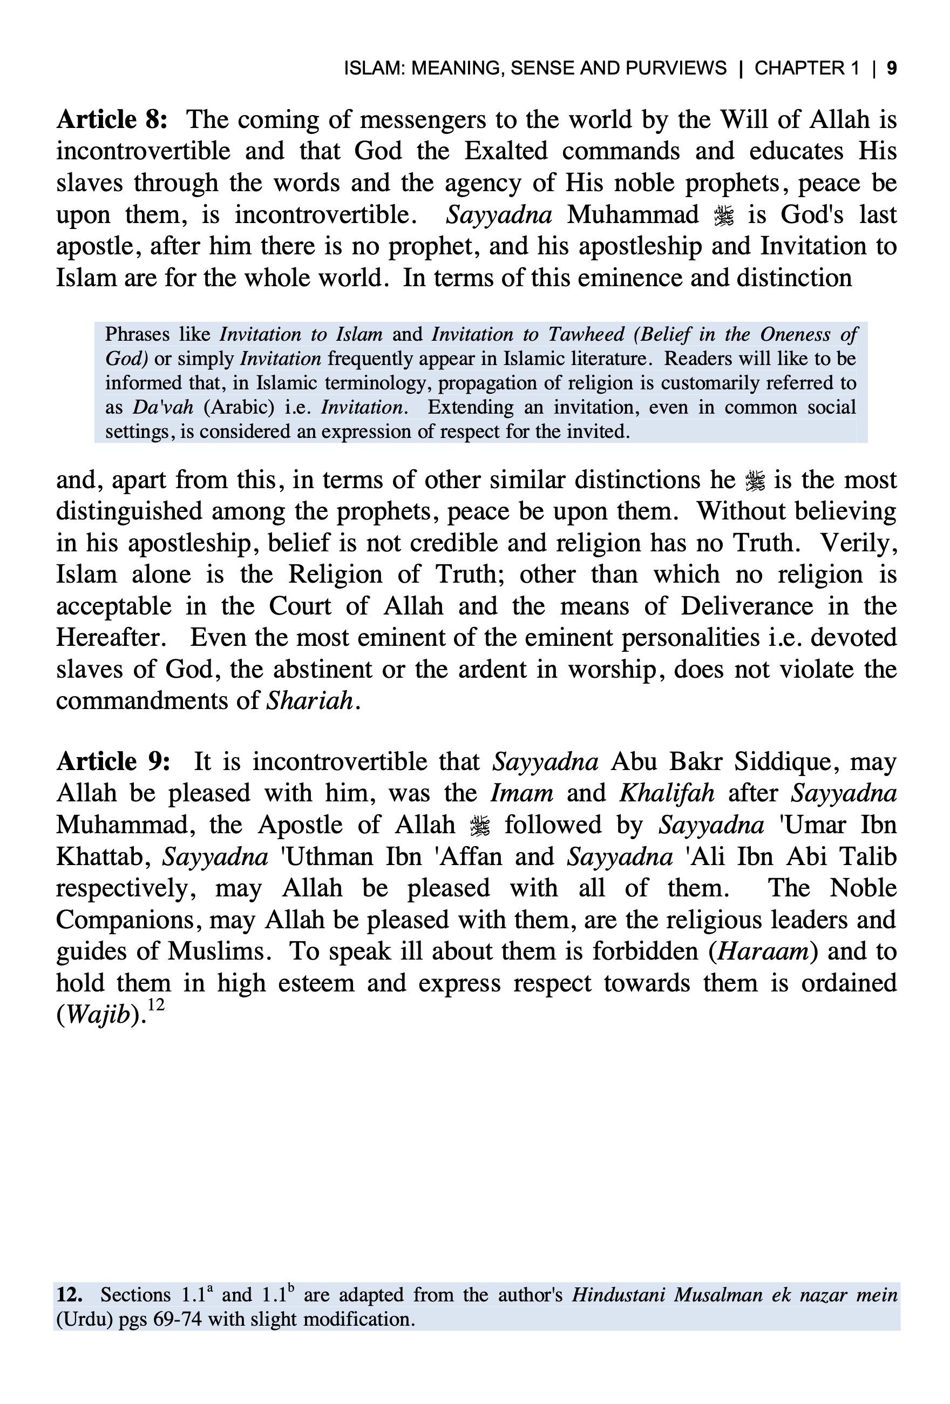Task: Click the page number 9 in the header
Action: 891,68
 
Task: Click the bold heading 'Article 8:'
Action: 112,120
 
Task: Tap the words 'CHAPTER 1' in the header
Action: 806,68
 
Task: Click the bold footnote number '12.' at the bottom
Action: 70,1295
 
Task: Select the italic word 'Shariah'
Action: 309,701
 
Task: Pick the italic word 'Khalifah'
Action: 667,793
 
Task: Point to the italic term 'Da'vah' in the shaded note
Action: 163,407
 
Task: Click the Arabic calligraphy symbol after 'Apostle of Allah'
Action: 479,825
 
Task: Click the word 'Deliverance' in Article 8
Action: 747,606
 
